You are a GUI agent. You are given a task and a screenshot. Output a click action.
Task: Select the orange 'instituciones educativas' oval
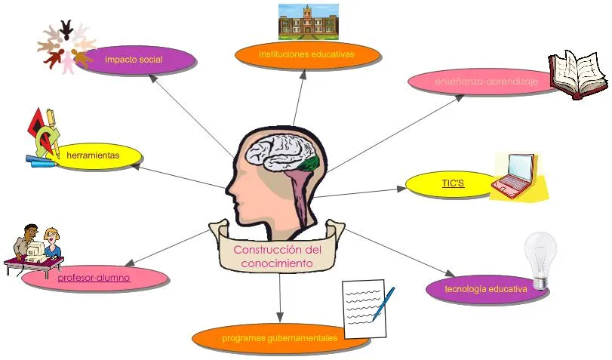point(306,55)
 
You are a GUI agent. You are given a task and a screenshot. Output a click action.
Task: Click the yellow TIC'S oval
point(451,183)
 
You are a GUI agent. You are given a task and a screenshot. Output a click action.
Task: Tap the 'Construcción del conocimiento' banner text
point(277,257)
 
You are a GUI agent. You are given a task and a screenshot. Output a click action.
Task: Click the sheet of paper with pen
point(366,308)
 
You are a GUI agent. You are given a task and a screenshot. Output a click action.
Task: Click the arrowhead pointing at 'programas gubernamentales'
point(279,318)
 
